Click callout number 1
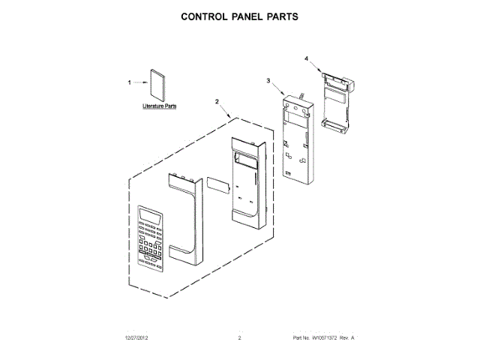tap(129, 82)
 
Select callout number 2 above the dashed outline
tap(217, 101)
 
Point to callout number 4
tap(307, 58)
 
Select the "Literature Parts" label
tap(160, 107)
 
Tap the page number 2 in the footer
tap(239, 339)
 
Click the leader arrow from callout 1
tap(140, 83)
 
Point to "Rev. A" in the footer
tap(347, 339)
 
